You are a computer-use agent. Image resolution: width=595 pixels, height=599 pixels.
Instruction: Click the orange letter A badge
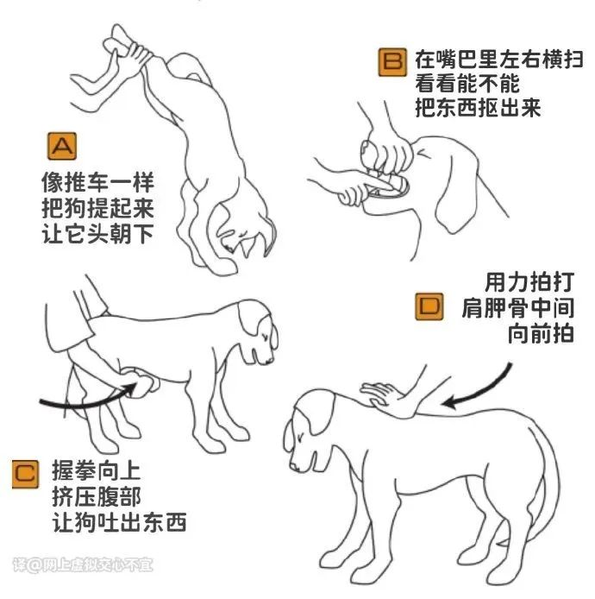tap(62, 146)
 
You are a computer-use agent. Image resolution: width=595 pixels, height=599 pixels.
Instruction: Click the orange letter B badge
tap(392, 62)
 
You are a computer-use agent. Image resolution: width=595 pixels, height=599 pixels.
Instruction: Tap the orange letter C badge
tap(25, 474)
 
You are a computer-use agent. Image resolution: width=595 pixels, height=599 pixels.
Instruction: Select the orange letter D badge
tap(429, 306)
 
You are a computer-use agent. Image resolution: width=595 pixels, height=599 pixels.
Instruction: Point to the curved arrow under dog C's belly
tap(88, 403)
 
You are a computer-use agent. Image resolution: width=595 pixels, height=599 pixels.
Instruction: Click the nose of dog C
tap(270, 360)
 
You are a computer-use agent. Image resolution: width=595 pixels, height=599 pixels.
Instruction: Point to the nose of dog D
tap(293, 466)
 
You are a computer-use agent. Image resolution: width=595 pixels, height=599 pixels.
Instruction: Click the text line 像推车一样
tap(98, 182)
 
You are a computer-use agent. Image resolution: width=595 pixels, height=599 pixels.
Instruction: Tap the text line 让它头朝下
tap(98, 233)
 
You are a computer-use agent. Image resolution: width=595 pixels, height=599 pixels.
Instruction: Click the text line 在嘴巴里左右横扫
tap(499, 60)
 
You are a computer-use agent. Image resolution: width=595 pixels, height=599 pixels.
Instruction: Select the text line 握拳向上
tap(97, 471)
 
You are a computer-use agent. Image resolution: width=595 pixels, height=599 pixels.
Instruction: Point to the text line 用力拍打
tap(529, 282)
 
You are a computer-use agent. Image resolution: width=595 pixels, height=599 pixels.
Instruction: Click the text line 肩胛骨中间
tap(518, 308)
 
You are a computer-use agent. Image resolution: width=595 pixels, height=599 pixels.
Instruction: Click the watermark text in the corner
tap(83, 565)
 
